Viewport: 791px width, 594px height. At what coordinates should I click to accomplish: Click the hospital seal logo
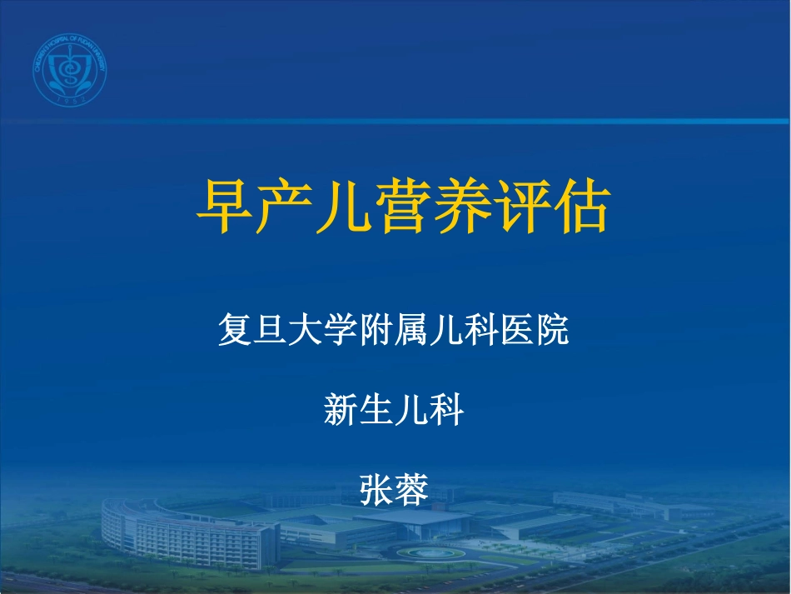pyautogui.click(x=70, y=72)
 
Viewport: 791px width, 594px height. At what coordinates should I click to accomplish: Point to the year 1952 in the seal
pyautogui.click(x=70, y=100)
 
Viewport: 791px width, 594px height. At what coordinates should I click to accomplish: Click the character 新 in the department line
pyautogui.click(x=341, y=411)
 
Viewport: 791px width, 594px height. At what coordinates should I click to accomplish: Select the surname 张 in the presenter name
pyautogui.click(x=376, y=490)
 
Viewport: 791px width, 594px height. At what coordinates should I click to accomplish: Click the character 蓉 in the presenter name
pyautogui.click(x=411, y=490)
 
